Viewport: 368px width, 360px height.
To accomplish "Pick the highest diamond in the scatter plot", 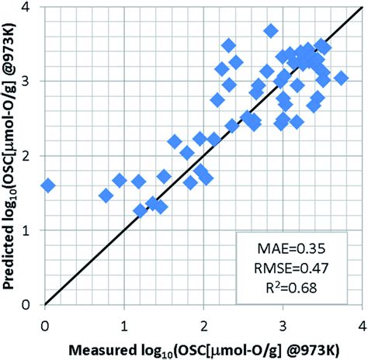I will click(x=271, y=31).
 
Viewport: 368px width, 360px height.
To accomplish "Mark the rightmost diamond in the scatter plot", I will click(x=340, y=78).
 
